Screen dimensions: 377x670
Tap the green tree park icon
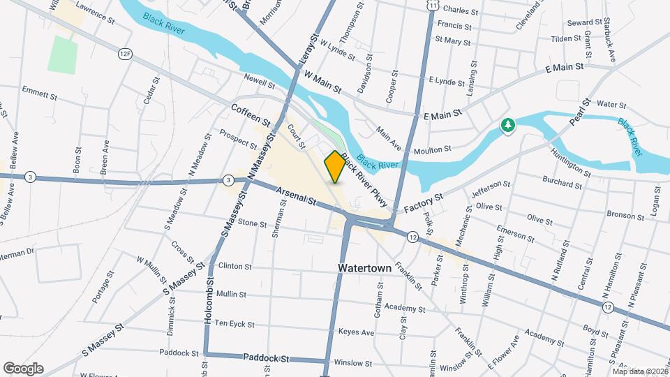pos(508,126)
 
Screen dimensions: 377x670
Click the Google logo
pos(23,368)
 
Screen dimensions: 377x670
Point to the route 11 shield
pos(433,5)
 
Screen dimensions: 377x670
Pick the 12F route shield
pos(126,53)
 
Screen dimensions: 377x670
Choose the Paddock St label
pos(266,358)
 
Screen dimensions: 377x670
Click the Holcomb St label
pos(207,304)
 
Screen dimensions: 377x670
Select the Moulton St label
pos(433,149)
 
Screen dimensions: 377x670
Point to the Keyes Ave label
pos(355,332)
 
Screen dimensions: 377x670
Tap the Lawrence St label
pos(95,13)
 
